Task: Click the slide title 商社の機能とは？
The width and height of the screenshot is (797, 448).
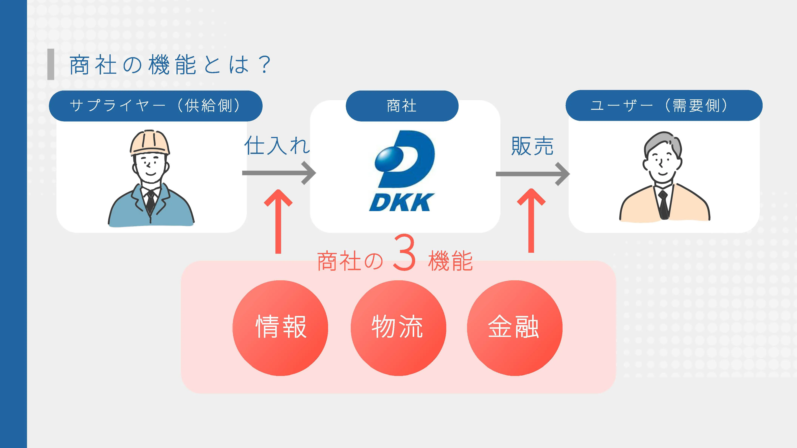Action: pos(170,65)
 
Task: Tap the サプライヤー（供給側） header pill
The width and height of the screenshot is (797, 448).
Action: pos(155,106)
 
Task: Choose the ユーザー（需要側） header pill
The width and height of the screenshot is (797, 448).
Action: pos(664,105)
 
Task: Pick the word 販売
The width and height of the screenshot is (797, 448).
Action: pos(532,146)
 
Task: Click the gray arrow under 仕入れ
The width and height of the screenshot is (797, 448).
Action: pos(278,173)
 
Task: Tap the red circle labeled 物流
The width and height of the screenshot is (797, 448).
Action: pos(398,328)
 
